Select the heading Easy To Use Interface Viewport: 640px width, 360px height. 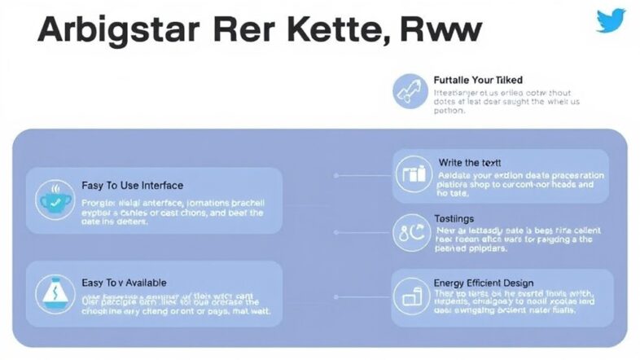[133, 186]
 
